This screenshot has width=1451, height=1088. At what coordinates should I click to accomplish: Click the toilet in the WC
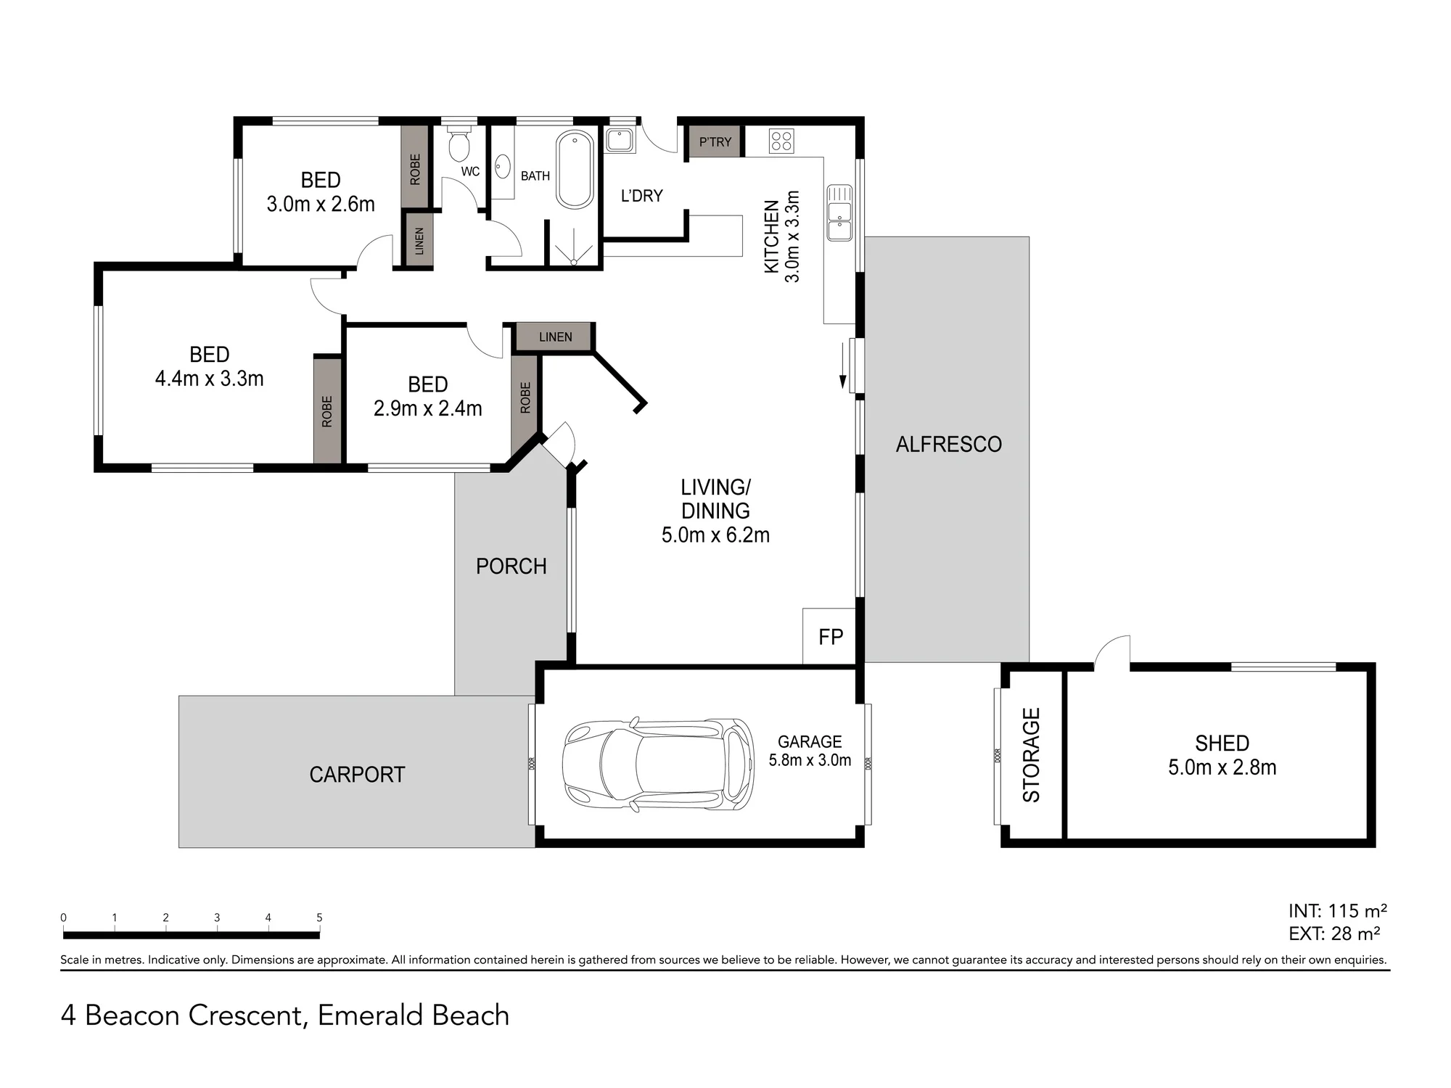[x=459, y=143]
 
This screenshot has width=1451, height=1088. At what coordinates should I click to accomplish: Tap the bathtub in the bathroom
[x=575, y=170]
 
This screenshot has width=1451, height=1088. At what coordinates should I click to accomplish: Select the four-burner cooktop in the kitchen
[x=781, y=141]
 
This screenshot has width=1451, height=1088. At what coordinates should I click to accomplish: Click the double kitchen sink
[x=840, y=213]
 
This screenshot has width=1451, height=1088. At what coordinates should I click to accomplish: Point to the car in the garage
[x=658, y=764]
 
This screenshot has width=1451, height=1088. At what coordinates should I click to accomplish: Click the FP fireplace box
[x=829, y=635]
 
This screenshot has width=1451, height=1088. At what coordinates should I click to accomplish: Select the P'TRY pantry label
[x=715, y=142]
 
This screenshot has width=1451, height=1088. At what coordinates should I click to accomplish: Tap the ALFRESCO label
[x=948, y=444]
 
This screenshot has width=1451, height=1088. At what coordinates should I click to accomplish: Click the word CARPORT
[x=357, y=775]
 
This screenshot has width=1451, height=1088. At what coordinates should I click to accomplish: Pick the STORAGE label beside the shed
[x=1031, y=754]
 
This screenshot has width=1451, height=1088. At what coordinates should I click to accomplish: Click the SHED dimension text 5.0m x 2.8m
[x=1222, y=767]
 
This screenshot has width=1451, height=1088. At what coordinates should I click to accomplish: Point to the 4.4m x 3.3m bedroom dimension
[x=209, y=379]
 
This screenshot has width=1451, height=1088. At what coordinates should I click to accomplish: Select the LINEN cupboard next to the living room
[x=555, y=337]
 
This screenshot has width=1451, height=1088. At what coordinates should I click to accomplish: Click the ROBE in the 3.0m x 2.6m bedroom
[x=415, y=168]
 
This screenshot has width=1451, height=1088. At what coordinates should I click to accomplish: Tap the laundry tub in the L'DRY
[x=620, y=140]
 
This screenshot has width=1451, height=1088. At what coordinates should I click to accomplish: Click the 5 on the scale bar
[x=319, y=918]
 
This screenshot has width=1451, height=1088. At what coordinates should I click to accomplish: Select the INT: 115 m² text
[x=1338, y=911]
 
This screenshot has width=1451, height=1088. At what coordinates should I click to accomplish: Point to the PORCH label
[x=511, y=566]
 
